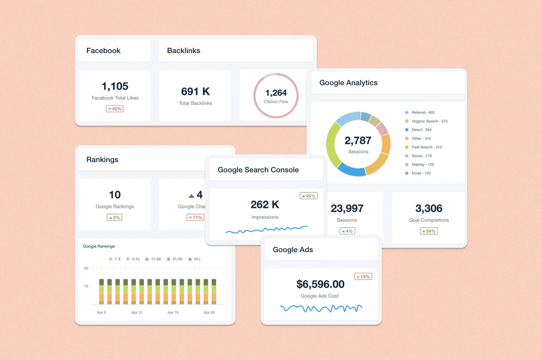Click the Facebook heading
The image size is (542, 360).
coord(103,51)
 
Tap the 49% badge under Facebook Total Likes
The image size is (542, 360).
coord(115,109)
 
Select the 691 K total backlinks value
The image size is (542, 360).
coord(195,91)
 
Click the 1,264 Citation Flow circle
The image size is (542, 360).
coord(276,95)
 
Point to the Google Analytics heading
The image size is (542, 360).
coord(348,83)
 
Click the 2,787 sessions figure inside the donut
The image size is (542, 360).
coord(358,141)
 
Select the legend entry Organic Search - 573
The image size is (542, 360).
coord(429,121)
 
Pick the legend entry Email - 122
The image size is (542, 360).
coord(421,173)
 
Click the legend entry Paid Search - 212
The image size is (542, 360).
coord(426,147)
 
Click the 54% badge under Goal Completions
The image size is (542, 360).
coord(429,231)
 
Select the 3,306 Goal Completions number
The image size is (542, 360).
coord(429,208)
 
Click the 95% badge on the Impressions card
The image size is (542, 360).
coord(308,196)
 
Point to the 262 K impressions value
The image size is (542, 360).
coord(265,204)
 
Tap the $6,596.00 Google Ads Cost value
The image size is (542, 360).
coord(320,284)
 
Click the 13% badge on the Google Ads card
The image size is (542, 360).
coord(363,277)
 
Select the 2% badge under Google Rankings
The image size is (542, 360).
coord(114,218)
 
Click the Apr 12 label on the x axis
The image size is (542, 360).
coord(137,312)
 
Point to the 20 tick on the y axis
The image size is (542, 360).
coord(86,268)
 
